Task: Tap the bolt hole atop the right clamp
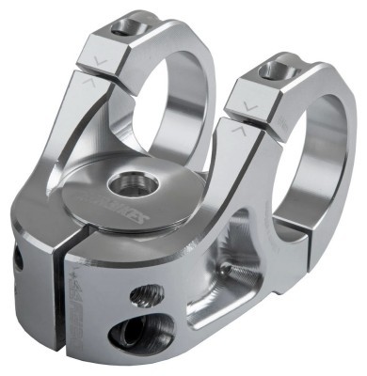click(x=276, y=69)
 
